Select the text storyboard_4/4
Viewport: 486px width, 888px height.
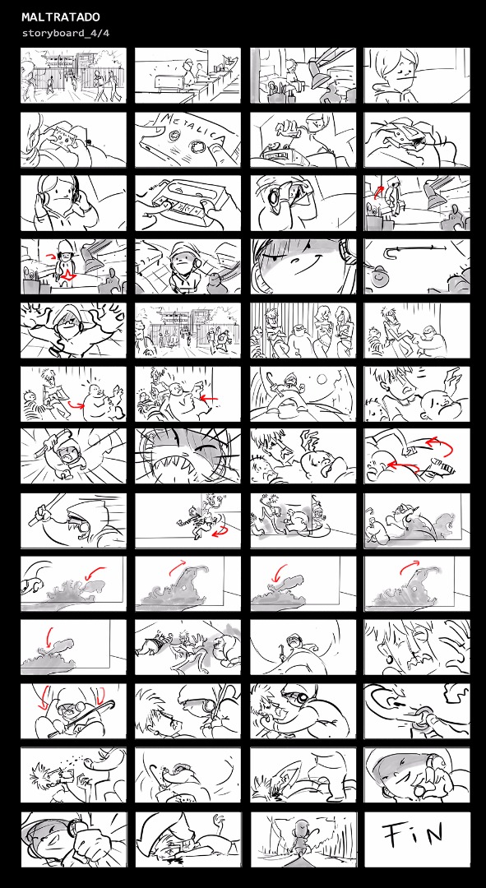tap(66, 33)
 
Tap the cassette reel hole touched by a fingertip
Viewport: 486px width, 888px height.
tap(197, 147)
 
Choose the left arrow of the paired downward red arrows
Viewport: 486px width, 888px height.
tap(44, 698)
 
